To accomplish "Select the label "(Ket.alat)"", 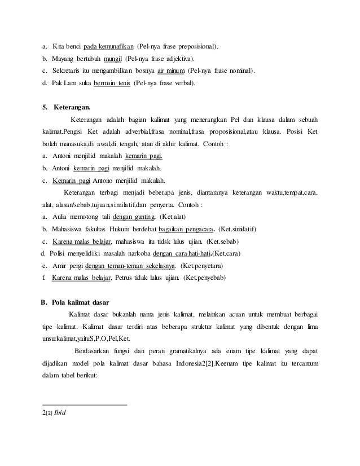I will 177,217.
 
